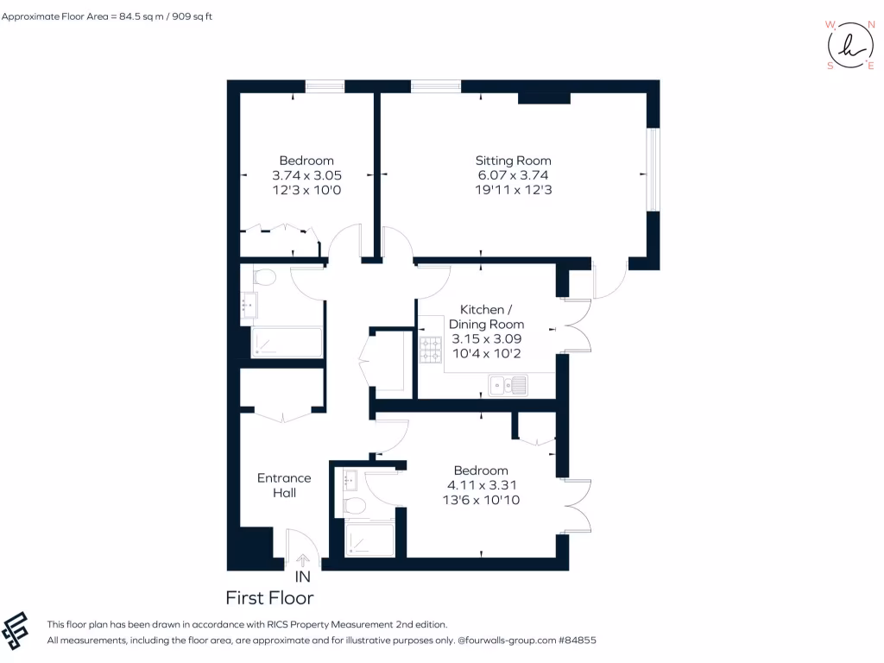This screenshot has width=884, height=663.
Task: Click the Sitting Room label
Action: [513, 161]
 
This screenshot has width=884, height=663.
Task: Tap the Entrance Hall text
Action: [284, 485]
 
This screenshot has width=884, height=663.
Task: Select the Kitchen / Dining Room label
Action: [491, 317]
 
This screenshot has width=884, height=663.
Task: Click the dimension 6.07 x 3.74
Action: [513, 175]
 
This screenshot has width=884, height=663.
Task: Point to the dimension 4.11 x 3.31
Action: [481, 485]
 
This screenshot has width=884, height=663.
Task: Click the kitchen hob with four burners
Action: [431, 350]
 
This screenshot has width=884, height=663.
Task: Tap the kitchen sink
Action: [508, 385]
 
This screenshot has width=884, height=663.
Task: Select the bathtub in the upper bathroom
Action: [287, 343]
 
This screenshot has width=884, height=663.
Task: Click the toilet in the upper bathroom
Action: [264, 277]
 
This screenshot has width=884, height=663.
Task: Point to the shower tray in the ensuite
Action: [369, 539]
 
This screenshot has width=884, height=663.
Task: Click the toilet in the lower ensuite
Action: [355, 505]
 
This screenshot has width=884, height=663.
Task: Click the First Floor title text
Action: [269, 598]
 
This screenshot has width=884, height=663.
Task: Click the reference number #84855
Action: [577, 641]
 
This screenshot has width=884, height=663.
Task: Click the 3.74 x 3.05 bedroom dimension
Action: [306, 175]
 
